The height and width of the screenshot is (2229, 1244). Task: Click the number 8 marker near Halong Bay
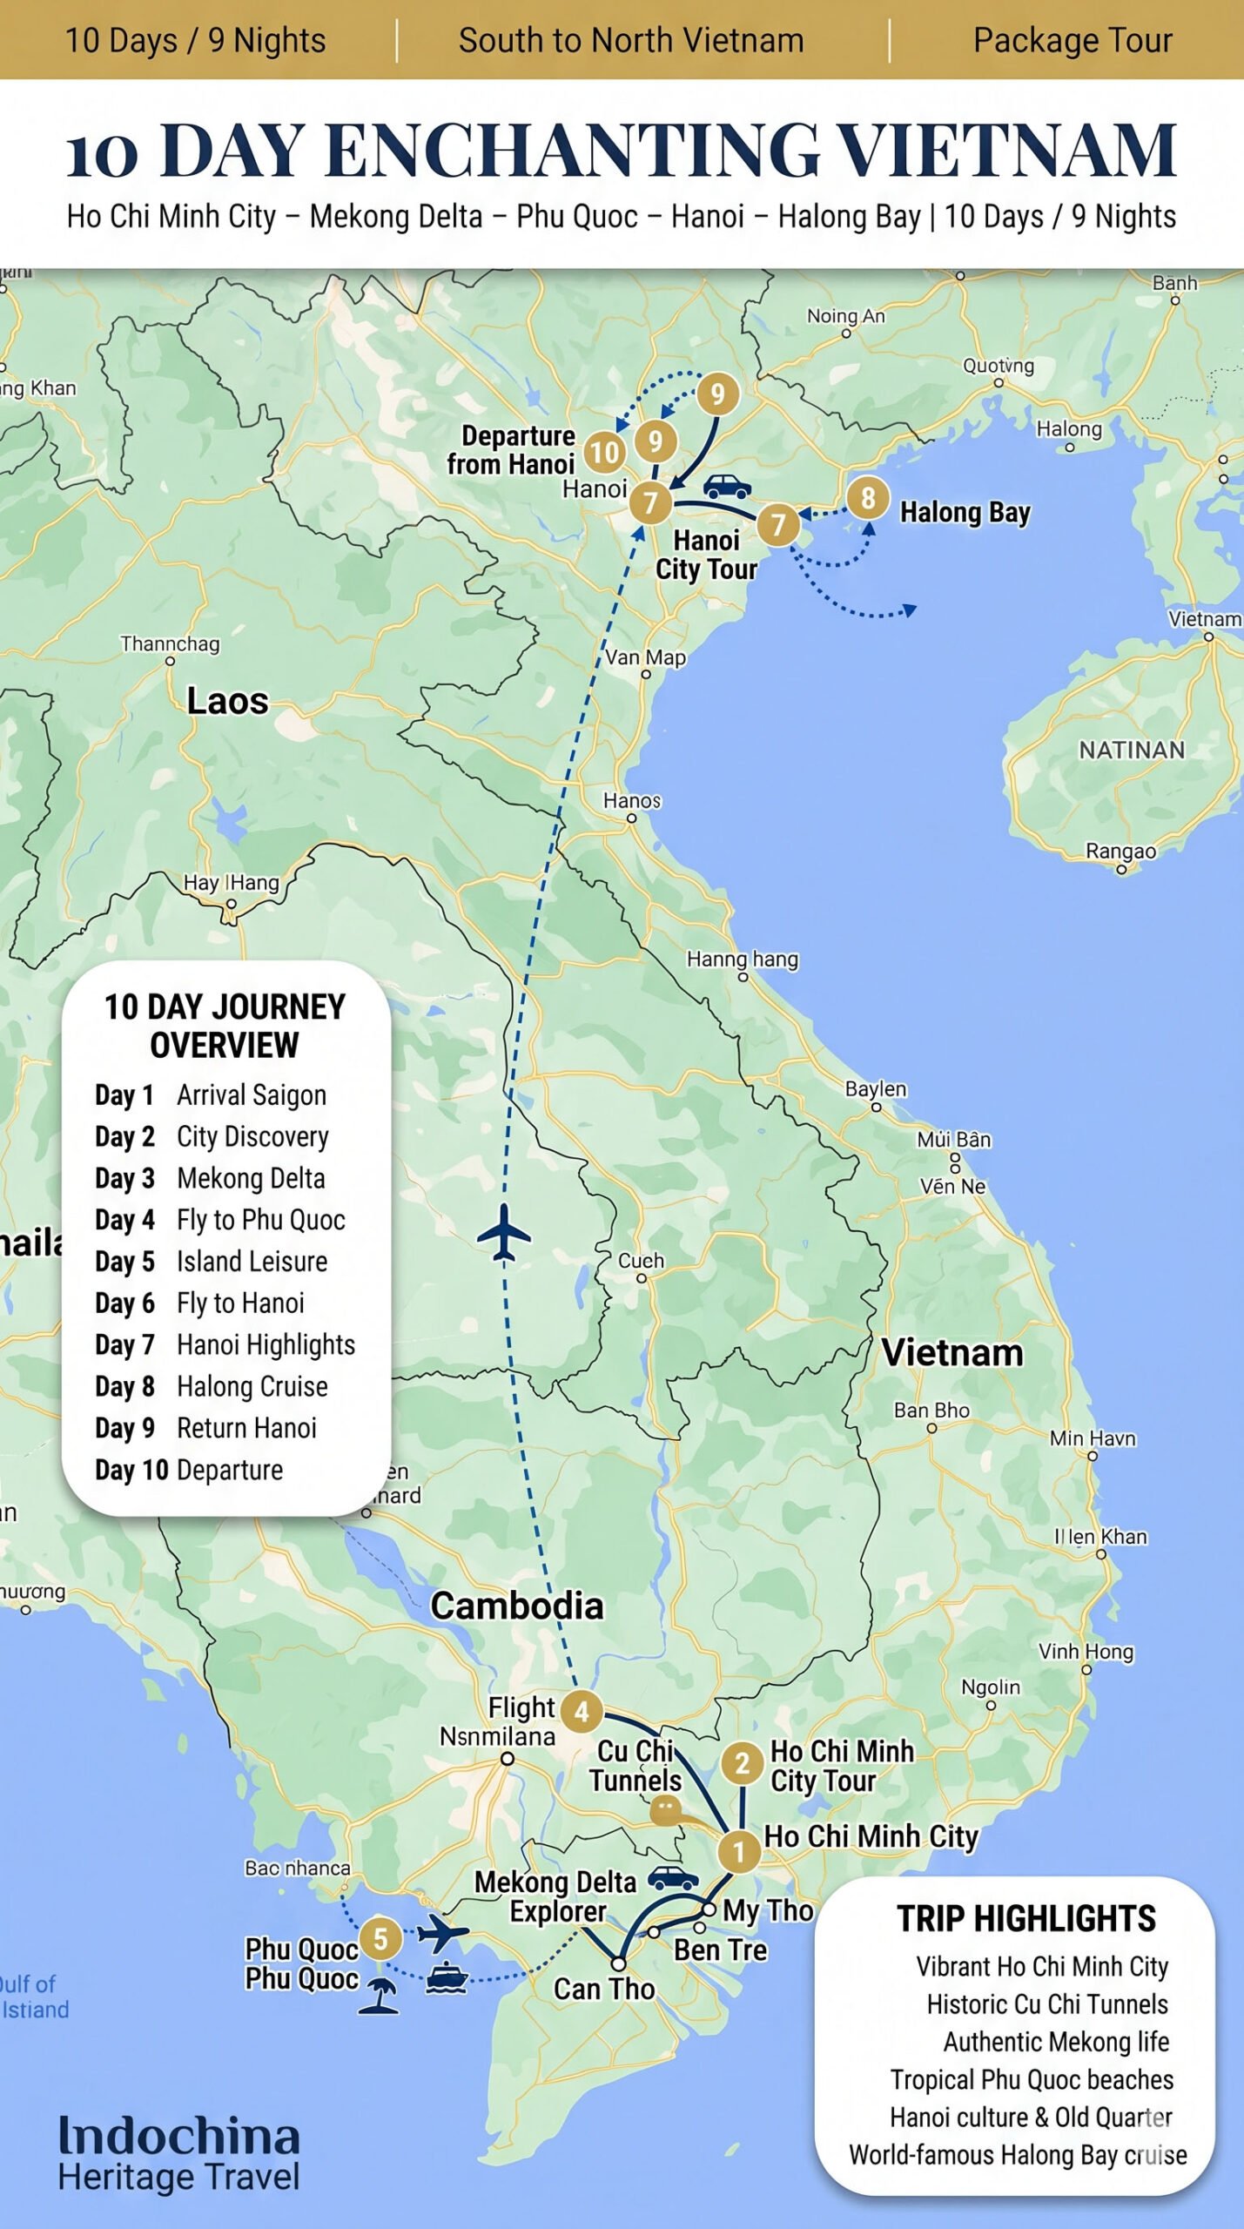point(867,498)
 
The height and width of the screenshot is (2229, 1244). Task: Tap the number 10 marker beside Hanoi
point(604,452)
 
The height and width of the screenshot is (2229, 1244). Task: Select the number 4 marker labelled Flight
point(582,1712)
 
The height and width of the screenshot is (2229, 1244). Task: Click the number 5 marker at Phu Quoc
point(380,1938)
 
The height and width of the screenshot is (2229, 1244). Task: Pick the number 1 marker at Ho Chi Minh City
point(739,1851)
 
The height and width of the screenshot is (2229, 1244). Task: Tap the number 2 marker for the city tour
point(742,1763)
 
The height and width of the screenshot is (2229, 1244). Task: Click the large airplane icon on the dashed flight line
point(503,1232)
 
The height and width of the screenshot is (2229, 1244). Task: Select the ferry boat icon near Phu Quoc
point(447,1977)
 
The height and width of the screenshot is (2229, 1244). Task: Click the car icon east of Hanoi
point(727,486)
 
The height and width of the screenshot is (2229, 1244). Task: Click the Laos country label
point(227,701)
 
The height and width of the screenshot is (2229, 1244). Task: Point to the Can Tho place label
point(604,1989)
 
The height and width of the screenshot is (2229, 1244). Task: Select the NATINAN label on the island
point(1132,750)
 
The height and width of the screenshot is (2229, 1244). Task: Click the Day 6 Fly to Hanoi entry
point(200,1303)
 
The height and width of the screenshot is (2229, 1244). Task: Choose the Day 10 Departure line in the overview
point(189,1470)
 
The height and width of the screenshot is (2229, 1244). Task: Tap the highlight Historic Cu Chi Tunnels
point(1046,2003)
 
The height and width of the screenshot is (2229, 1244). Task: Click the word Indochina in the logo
point(179,2136)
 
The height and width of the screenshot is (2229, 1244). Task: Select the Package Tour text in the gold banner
point(1073,41)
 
